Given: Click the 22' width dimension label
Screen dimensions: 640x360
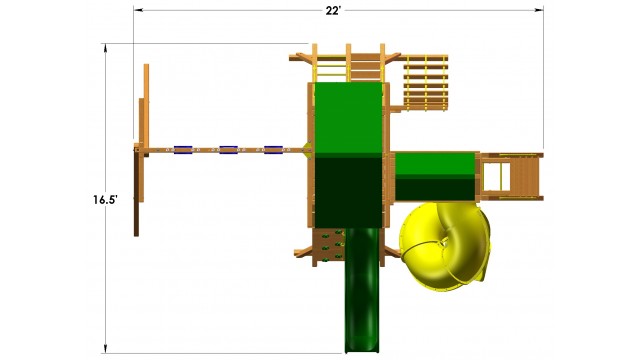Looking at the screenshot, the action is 333,11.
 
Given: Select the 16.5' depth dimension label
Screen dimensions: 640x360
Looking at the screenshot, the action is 105,200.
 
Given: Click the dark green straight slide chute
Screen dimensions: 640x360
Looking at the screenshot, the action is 362,290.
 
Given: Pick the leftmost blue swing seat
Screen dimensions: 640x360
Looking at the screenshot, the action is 183,150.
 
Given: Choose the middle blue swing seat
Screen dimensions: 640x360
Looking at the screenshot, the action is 229,150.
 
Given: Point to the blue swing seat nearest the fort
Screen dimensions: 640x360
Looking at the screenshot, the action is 273,150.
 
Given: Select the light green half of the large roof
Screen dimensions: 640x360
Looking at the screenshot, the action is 348,118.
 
